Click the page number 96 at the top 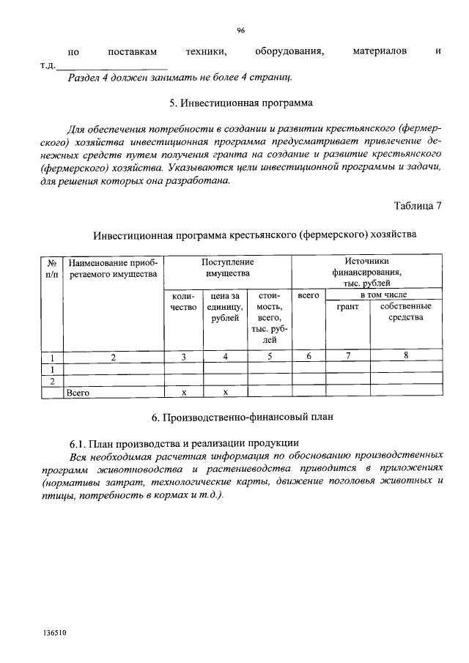pos(240,30)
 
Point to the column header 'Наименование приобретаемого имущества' pos(112,267)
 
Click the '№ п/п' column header pos(52,267)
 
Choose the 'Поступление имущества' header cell pos(227,267)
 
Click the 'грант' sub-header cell pos(347,306)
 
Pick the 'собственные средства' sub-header pos(405,311)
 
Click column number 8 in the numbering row pos(405,356)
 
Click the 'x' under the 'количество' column pos(184,393)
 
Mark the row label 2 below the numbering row pos(52,382)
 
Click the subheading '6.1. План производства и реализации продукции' pos(183,442)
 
